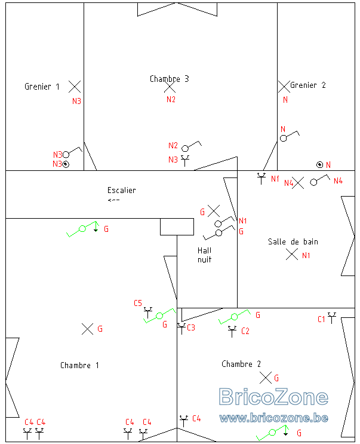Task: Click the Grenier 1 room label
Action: (42, 87)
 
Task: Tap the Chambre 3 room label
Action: (169, 79)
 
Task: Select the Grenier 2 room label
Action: (308, 85)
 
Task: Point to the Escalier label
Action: (121, 190)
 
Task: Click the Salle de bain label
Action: (293, 242)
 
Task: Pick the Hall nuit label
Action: (204, 255)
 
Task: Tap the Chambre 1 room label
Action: (79, 365)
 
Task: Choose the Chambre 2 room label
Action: (241, 364)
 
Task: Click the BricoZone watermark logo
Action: (273, 397)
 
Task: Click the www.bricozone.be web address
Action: (273, 418)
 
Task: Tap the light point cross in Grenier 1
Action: (75, 87)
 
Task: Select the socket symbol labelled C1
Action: (332, 318)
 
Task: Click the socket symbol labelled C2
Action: (232, 331)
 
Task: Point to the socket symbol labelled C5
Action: (148, 313)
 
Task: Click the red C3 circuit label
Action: (191, 327)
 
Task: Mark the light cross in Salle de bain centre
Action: (292, 255)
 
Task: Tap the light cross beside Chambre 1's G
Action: (87, 329)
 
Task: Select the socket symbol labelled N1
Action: (261, 179)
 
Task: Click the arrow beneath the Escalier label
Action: (113, 200)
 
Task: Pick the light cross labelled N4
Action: (298, 183)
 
